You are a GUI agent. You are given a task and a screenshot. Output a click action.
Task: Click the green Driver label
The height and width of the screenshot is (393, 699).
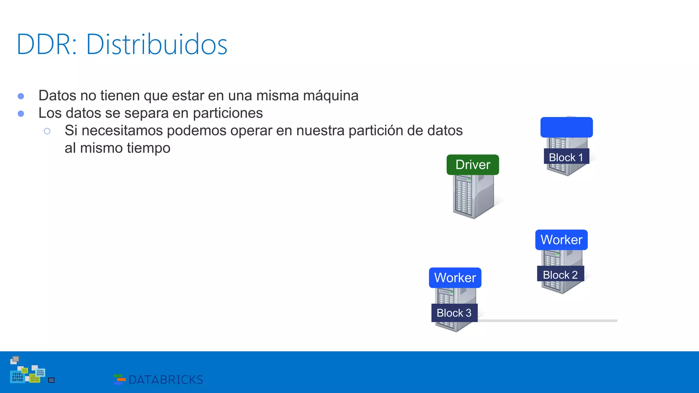coord(473,165)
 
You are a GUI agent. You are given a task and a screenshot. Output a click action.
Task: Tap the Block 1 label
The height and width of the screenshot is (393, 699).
coord(566,157)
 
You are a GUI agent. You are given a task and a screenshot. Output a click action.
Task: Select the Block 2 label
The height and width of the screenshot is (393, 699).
coord(560,275)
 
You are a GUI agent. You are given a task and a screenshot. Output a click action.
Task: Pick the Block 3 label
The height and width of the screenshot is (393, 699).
coord(454,313)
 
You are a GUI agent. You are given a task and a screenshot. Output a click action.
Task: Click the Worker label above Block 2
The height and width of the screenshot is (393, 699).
coord(561,240)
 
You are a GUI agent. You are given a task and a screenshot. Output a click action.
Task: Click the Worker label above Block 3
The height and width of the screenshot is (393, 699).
coord(455,278)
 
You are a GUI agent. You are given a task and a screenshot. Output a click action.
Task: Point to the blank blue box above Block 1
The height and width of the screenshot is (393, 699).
coord(567,127)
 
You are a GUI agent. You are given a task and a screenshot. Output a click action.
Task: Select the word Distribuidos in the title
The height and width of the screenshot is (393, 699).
coord(156,44)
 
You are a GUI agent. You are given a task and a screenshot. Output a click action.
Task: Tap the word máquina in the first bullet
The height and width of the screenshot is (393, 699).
coord(330,96)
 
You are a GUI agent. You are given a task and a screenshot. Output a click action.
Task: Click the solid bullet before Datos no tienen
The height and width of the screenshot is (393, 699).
coord(21,96)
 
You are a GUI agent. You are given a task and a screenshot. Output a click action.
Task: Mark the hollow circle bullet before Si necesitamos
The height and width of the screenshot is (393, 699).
coord(47,131)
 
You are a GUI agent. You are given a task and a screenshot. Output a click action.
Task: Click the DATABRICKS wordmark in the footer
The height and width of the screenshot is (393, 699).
coord(166,380)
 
